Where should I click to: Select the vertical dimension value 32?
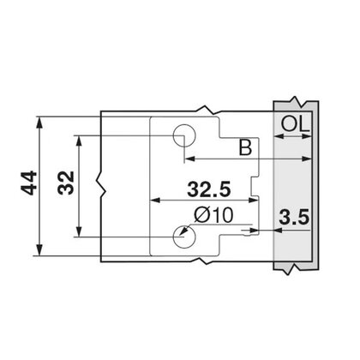click(x=64, y=183)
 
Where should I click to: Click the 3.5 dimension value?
click(x=293, y=217)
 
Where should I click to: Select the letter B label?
click(x=244, y=147)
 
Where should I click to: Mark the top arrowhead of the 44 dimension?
click(x=39, y=117)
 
